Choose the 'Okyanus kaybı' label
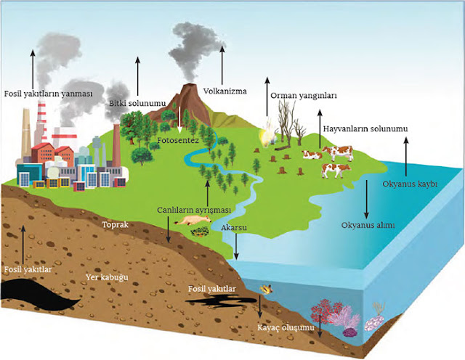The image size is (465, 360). (x=409, y=185)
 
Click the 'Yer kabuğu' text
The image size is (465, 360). (x=102, y=277)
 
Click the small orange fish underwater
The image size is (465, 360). (x=267, y=288)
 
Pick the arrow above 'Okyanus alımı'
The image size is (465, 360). (x=367, y=206)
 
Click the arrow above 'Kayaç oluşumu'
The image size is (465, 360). (x=260, y=308)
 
